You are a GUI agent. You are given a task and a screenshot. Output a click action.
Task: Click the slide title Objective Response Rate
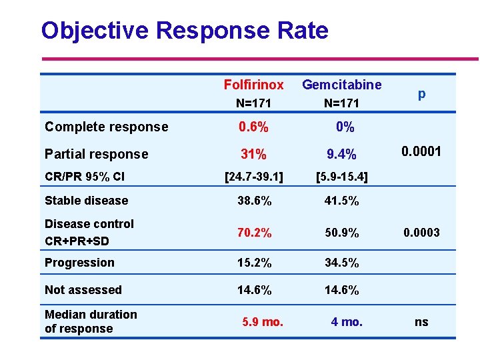pyautogui.click(x=185, y=31)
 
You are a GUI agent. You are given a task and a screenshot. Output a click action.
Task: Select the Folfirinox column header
pyautogui.click(x=253, y=85)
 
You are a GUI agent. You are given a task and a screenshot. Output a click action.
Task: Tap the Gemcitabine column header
pyautogui.click(x=341, y=85)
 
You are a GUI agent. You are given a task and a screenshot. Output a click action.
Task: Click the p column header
pyautogui.click(x=421, y=94)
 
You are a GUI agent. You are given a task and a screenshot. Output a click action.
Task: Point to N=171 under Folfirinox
pyautogui.click(x=253, y=103)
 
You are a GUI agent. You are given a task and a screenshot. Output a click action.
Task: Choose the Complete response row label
pyautogui.click(x=106, y=127)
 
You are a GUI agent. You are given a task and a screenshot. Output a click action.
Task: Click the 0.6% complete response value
pyautogui.click(x=253, y=127)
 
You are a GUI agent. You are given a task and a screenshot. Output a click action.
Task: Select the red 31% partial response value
pyautogui.click(x=253, y=154)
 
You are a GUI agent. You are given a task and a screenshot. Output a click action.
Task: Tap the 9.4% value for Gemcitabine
pyautogui.click(x=341, y=155)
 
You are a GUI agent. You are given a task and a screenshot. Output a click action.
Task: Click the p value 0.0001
pyautogui.click(x=421, y=151)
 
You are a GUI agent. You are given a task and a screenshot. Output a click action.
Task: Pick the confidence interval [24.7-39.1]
pyautogui.click(x=253, y=177)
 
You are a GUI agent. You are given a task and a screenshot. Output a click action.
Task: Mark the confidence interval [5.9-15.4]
pyautogui.click(x=341, y=177)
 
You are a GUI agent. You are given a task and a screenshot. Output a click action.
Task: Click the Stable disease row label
pyautogui.click(x=86, y=201)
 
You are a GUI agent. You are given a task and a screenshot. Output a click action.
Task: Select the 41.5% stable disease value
pyautogui.click(x=341, y=201)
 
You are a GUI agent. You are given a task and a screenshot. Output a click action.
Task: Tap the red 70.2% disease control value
pyautogui.click(x=253, y=233)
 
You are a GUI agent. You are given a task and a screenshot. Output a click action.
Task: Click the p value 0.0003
pyautogui.click(x=421, y=233)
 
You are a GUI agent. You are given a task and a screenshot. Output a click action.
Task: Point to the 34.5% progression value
pyautogui.click(x=341, y=263)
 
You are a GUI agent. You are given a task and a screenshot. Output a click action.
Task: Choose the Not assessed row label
pyautogui.click(x=83, y=290)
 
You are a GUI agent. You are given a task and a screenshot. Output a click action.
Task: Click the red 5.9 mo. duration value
pyautogui.click(x=263, y=322)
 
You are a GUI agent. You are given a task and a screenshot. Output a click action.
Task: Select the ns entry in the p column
pyautogui.click(x=421, y=322)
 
